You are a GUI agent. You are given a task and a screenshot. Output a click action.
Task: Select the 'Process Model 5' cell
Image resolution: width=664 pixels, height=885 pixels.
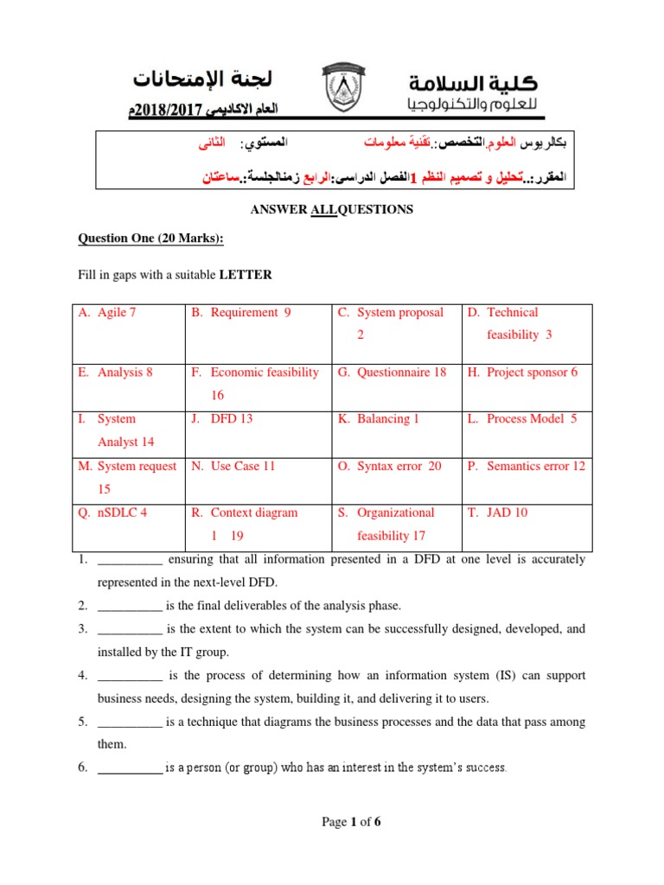[x=531, y=419]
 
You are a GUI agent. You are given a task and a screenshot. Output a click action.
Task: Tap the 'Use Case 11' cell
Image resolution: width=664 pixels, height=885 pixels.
[x=242, y=466]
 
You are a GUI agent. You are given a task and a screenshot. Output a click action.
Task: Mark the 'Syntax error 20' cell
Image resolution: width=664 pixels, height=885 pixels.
[x=399, y=466]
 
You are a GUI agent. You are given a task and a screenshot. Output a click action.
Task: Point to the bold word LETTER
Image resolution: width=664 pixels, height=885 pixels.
[x=246, y=276]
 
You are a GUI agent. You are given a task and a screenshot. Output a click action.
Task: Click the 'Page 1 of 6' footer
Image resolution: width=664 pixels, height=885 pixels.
[x=351, y=822]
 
